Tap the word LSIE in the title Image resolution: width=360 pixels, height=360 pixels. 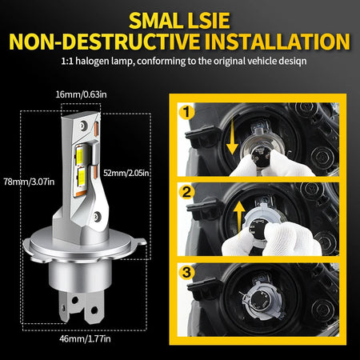(x=209, y=21)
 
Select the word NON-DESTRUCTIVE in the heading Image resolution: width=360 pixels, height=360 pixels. (x=104, y=42)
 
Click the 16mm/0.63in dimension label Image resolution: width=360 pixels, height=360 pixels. (x=81, y=94)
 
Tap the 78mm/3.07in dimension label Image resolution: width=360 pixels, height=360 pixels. (x=29, y=182)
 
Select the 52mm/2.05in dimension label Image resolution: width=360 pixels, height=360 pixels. (x=126, y=173)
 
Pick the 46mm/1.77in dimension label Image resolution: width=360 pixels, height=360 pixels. (x=85, y=339)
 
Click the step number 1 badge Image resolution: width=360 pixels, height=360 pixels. (x=186, y=112)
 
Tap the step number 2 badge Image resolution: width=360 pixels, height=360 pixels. (x=186, y=192)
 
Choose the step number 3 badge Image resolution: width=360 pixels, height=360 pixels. (x=186, y=272)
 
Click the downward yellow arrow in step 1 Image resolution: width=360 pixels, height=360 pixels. (x=232, y=136)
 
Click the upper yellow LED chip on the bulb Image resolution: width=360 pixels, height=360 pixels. (x=80, y=155)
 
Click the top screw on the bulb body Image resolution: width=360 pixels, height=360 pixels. (x=84, y=126)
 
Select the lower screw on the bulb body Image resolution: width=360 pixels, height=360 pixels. (x=97, y=216)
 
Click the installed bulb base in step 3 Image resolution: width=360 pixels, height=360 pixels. (x=262, y=302)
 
